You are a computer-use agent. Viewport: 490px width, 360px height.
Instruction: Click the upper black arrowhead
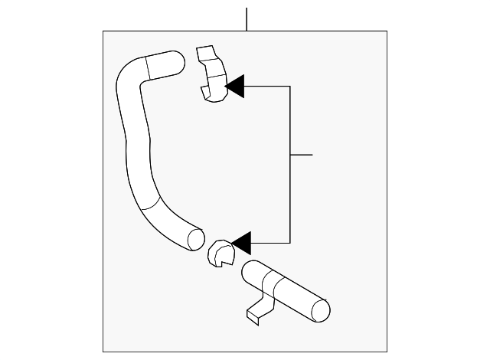click(x=234, y=87)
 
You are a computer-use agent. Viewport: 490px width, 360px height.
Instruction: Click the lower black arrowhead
click(x=241, y=244)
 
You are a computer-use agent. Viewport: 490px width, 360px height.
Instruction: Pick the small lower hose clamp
click(x=220, y=254)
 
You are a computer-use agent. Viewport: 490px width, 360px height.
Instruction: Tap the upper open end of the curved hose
click(x=175, y=61)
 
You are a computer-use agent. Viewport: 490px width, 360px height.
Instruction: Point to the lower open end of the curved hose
click(x=194, y=238)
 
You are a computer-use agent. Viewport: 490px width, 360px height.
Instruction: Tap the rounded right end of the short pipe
click(x=321, y=309)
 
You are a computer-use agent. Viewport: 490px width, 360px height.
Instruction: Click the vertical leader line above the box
click(x=247, y=19)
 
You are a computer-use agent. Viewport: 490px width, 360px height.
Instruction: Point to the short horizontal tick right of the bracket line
click(x=302, y=155)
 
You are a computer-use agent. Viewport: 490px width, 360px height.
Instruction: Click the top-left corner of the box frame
click(x=103, y=31)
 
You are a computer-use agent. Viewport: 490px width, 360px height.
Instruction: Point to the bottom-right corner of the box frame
click(x=387, y=352)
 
